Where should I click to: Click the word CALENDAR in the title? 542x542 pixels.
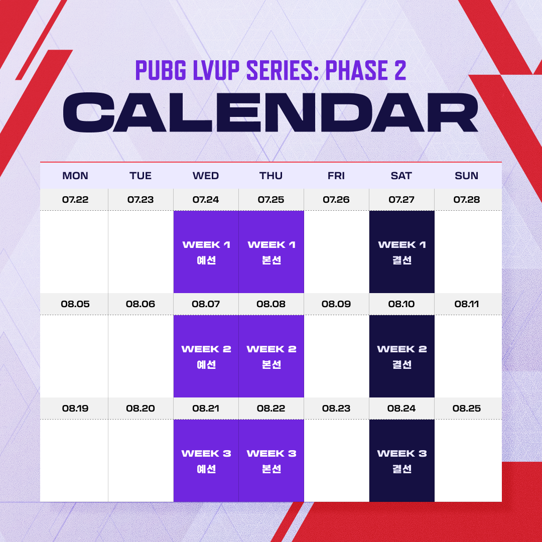[x=270, y=112]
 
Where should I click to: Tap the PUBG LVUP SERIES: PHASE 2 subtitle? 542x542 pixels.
[x=270, y=70]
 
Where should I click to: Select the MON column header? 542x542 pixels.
[x=75, y=176]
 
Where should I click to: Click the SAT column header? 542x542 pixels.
[x=401, y=176]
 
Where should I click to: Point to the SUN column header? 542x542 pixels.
[x=466, y=176]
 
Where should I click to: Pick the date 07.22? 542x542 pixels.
[x=75, y=199]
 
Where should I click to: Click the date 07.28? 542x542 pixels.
[x=466, y=199]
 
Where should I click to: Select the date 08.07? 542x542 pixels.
[x=206, y=304]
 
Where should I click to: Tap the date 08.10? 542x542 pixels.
[x=401, y=304]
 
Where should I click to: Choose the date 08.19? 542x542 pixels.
[x=75, y=408]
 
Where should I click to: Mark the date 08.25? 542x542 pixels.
[x=466, y=408]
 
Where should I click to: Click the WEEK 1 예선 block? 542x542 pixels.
[x=206, y=251]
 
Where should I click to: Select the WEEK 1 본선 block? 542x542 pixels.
[x=272, y=251]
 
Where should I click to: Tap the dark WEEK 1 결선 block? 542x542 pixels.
[x=401, y=251]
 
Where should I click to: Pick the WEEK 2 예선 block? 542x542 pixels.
[x=206, y=356]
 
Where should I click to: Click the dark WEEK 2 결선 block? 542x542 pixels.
[x=401, y=356]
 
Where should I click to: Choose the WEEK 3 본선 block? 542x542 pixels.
[x=272, y=460]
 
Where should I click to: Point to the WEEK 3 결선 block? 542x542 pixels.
[x=401, y=460]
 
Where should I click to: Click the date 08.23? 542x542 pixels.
[x=336, y=408]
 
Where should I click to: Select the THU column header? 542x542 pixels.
[x=271, y=176]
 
